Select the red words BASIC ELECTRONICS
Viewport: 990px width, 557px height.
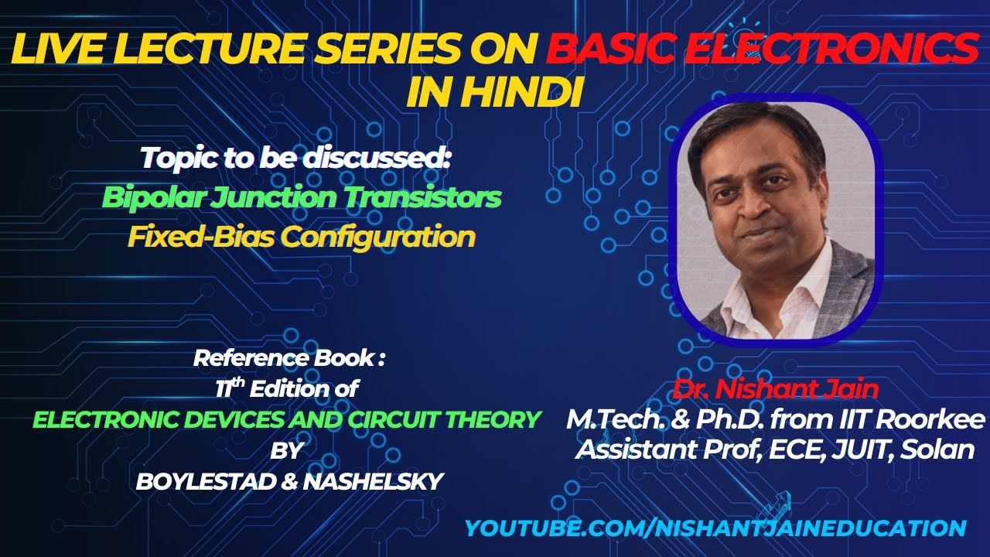(x=761, y=50)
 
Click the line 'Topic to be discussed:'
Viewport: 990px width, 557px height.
(x=295, y=159)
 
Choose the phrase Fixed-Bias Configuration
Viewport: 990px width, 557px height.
(x=301, y=236)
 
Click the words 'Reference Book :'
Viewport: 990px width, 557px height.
(x=288, y=358)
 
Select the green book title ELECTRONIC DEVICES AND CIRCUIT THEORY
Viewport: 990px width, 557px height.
(x=286, y=419)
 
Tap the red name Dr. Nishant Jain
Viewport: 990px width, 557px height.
(x=777, y=388)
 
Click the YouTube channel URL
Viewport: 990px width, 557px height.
(x=715, y=528)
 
